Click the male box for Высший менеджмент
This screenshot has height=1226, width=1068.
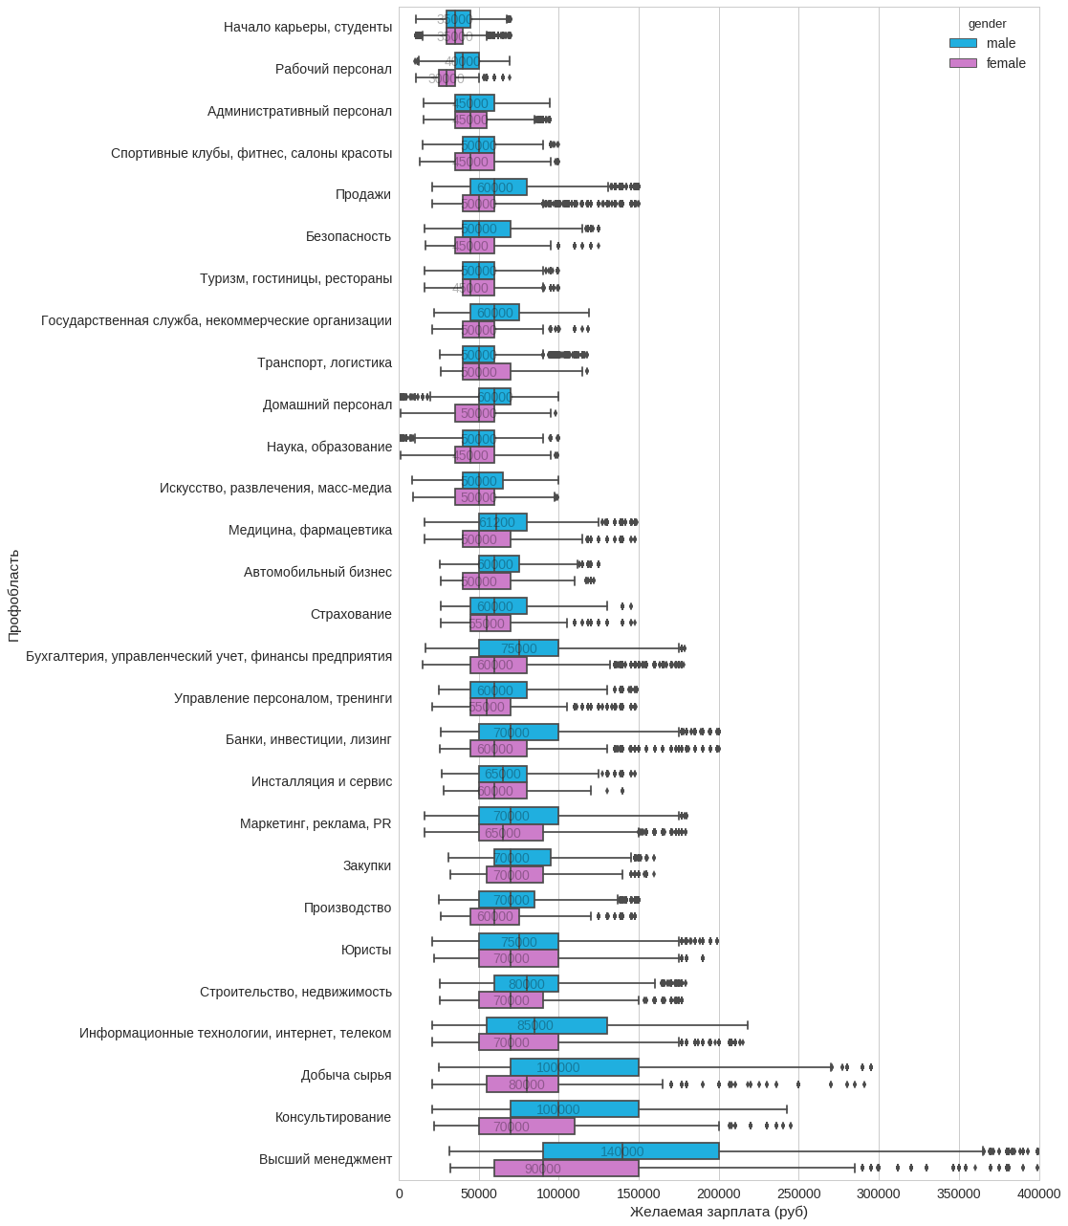[631, 1151]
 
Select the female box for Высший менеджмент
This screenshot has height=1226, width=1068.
[566, 1169]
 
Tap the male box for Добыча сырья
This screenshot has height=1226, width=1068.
[575, 1067]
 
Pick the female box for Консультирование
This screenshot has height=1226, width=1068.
[527, 1127]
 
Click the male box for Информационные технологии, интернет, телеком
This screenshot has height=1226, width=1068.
[547, 1025]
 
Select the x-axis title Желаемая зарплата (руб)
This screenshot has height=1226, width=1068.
[718, 1212]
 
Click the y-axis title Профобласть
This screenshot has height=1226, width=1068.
[13, 595]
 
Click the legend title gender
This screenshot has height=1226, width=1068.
[987, 24]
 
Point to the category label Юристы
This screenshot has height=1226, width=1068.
[366, 950]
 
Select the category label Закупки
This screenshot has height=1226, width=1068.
[367, 865]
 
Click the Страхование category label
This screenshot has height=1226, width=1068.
[351, 614]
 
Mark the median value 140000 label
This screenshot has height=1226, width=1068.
[621, 1151]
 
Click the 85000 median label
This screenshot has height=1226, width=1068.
[534, 1025]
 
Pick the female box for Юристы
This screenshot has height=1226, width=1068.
[518, 958]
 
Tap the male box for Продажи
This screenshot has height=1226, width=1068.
[498, 187]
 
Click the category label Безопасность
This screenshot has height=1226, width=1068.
[348, 236]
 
